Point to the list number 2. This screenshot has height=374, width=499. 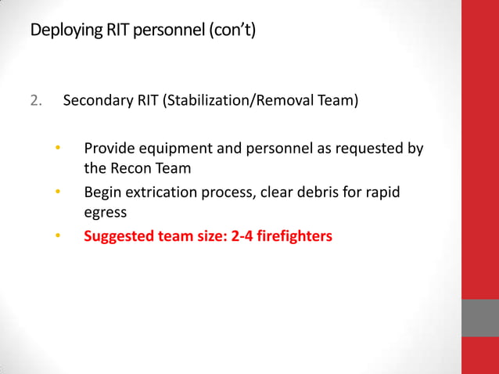pos(35,101)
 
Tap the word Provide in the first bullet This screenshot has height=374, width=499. pos(107,148)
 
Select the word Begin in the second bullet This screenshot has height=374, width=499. pos(102,191)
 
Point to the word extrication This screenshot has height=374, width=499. pos(162,191)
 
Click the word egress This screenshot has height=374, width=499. pos(104,211)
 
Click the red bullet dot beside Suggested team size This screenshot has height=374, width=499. pos(57,235)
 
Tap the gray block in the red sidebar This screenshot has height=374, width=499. pos(479,318)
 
